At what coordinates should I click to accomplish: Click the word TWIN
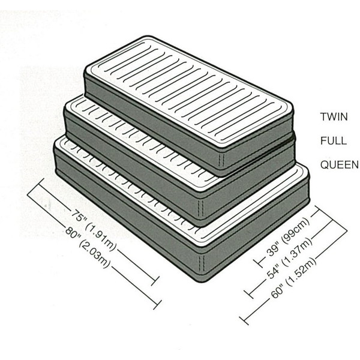pyautogui.click(x=334, y=116)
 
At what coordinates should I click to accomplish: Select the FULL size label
pyautogui.click(x=334, y=140)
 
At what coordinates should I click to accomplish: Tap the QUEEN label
pyautogui.click(x=340, y=164)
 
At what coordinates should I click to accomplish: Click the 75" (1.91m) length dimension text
pyautogui.click(x=93, y=230)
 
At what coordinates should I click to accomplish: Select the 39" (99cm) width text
pyautogui.click(x=287, y=238)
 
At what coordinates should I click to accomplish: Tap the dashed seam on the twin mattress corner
pyautogui.click(x=221, y=160)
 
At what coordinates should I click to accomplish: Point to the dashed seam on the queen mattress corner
pyautogui.click(x=202, y=264)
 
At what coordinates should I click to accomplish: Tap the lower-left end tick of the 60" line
pyautogui.click(x=244, y=320)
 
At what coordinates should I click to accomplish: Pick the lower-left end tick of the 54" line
pyautogui.click(x=248, y=294)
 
